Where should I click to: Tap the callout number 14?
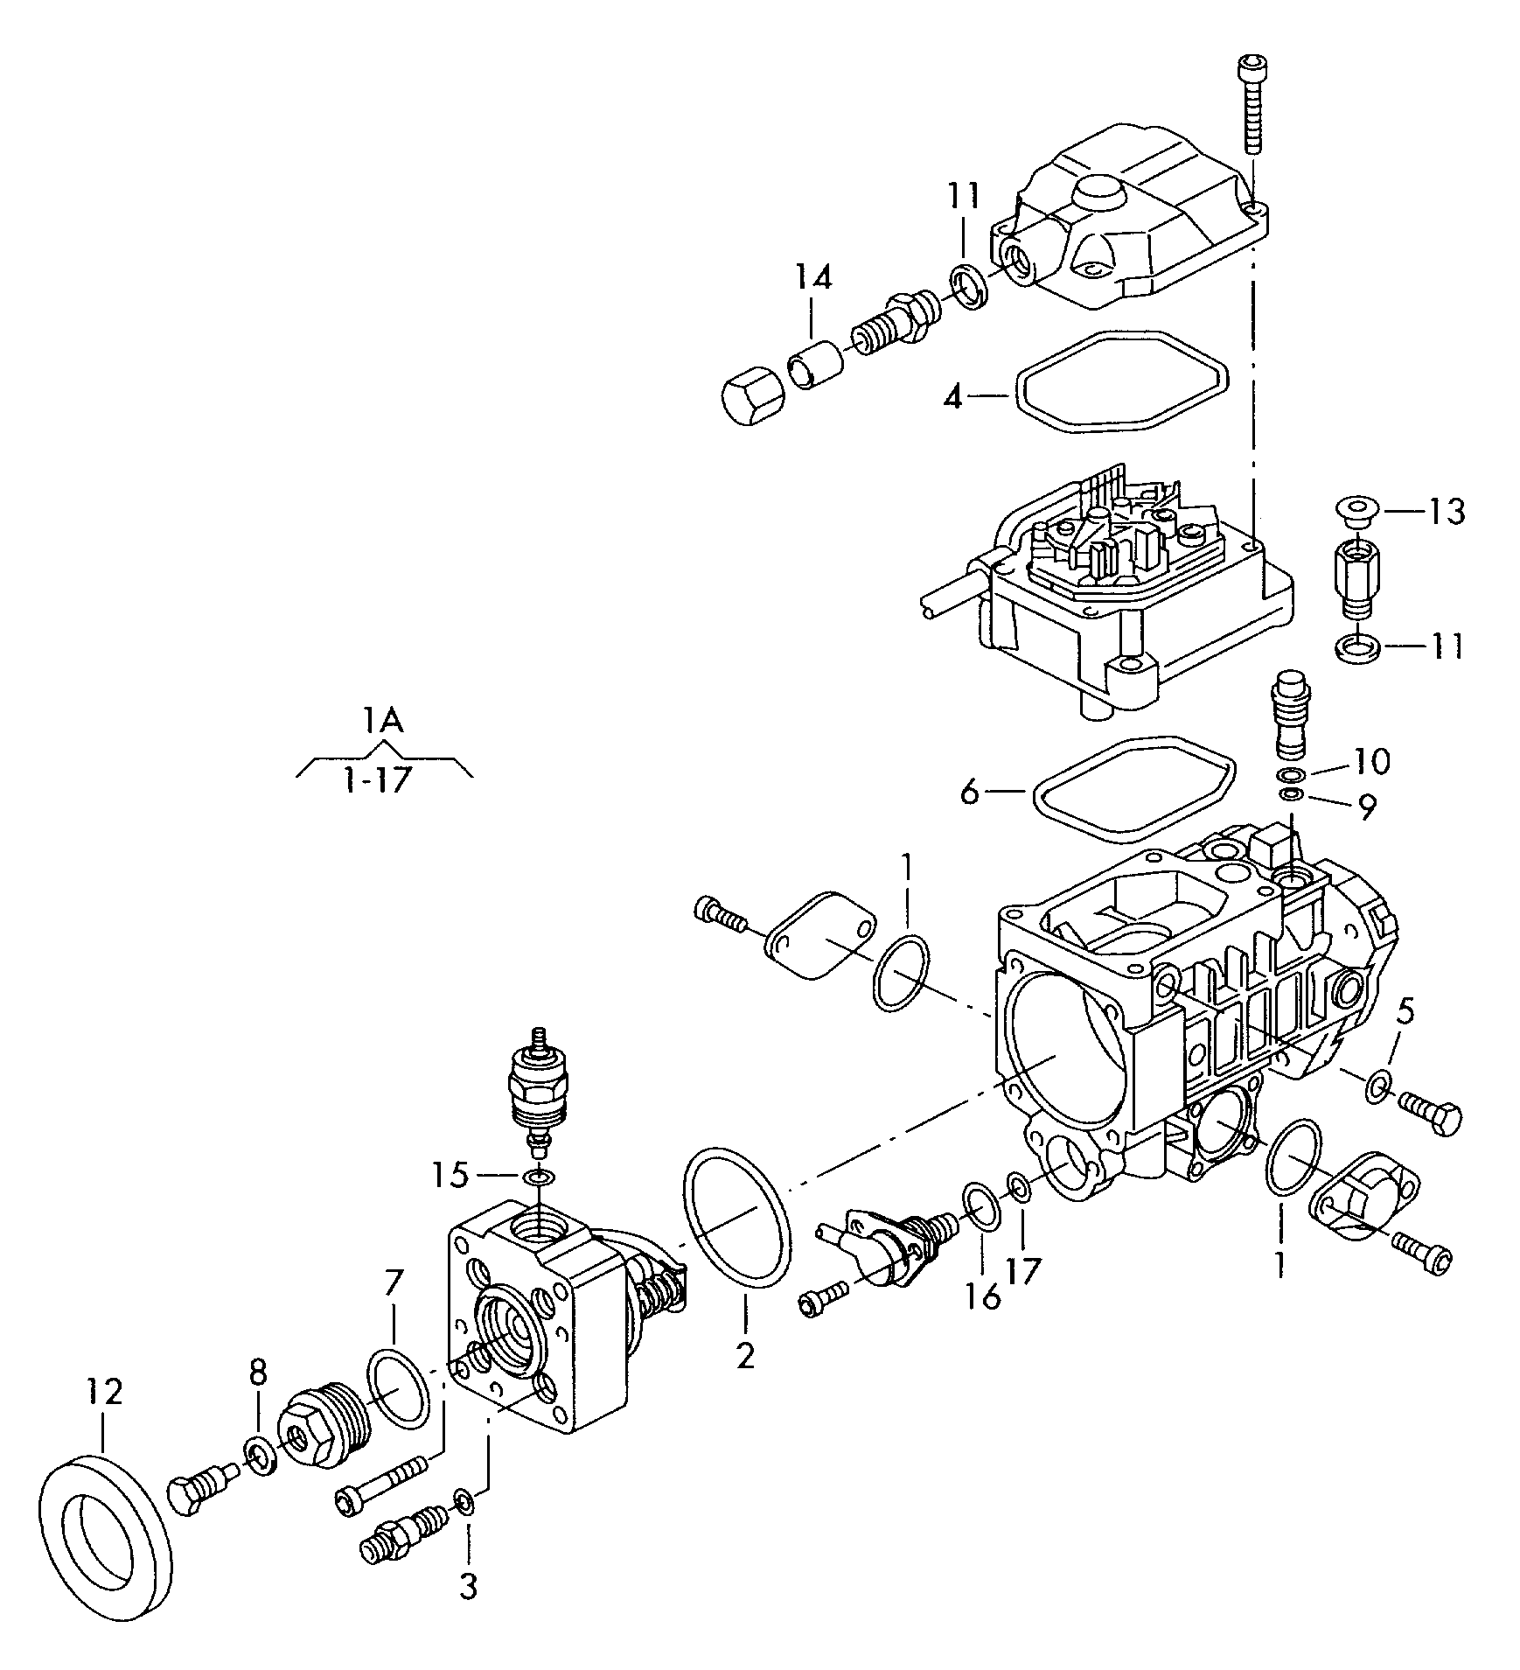tap(813, 277)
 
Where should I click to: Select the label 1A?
tap(384, 721)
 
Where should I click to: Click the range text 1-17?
tap(376, 779)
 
